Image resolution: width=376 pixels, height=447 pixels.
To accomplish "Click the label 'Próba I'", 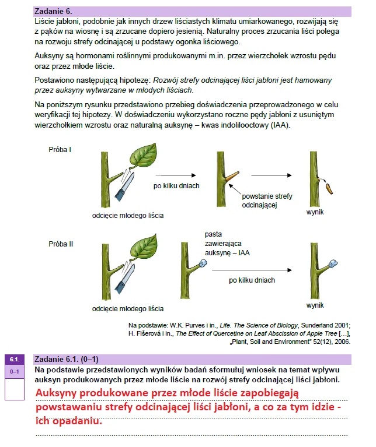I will pyautogui.click(x=60, y=150).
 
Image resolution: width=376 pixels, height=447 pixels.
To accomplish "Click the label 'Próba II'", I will pyautogui.click(x=61, y=244).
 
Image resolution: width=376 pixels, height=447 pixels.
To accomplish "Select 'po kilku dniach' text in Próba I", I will pyautogui.click(x=176, y=186).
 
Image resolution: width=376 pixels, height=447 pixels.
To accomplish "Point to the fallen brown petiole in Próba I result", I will pyautogui.click(x=329, y=188).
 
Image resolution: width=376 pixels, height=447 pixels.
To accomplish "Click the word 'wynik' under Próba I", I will pyautogui.click(x=315, y=213).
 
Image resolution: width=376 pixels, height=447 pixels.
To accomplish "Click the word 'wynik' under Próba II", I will pyautogui.click(x=315, y=305).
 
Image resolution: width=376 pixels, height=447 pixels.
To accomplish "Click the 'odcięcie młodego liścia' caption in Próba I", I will pyautogui.click(x=128, y=215).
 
